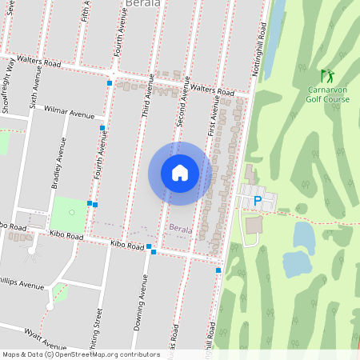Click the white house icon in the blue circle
[x=180, y=173]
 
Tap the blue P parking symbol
[x=257, y=202]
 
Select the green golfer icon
[x=326, y=76]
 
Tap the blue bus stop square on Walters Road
[x=110, y=82]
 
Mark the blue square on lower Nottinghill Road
[x=218, y=270]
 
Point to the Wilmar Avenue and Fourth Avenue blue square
[x=102, y=127]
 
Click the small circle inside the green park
[x=71, y=212]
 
